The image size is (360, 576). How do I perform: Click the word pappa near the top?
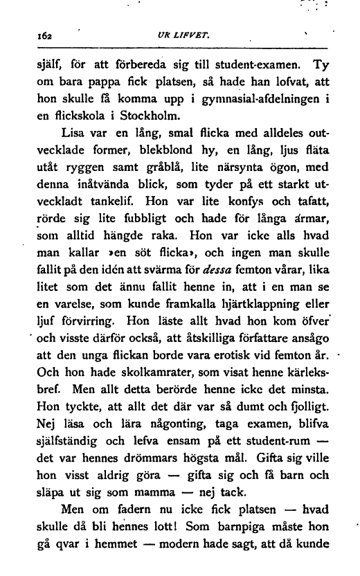[x=92, y=87]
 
